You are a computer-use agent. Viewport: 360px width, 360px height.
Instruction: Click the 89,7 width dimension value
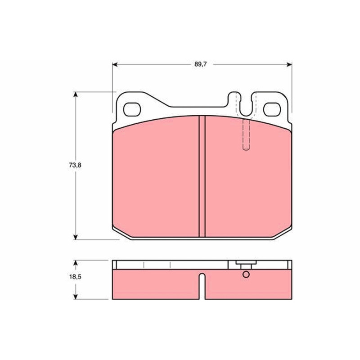click(200, 64)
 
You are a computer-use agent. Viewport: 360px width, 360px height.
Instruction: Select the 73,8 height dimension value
click(75, 165)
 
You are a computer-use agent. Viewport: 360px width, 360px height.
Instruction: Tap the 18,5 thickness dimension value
click(75, 277)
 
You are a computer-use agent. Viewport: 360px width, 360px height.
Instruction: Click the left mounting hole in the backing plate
click(132, 109)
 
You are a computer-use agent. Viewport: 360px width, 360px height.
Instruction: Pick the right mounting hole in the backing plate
click(272, 109)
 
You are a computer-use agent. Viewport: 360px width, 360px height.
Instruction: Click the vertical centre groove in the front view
click(202, 176)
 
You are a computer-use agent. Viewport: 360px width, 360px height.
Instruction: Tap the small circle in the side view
click(246, 274)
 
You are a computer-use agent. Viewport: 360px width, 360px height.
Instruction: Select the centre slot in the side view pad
click(202, 286)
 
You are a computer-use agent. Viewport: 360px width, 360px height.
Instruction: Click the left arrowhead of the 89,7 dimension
click(115, 64)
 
